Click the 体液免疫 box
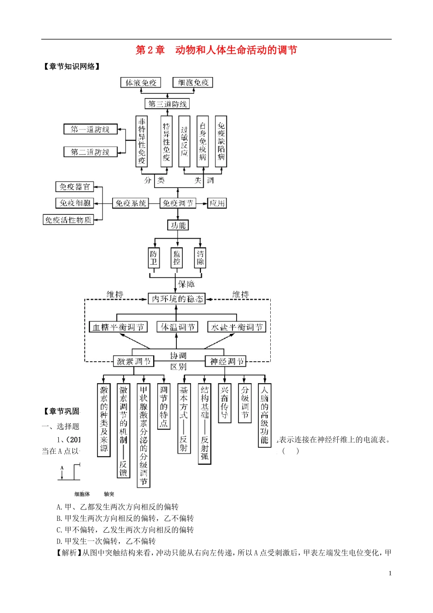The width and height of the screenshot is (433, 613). tap(141, 83)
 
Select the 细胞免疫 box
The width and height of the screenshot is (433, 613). tap(193, 83)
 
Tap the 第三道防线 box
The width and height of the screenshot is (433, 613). tap(167, 104)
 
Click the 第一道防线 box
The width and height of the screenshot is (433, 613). tap(90, 130)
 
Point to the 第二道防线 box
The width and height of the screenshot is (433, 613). tap(90, 152)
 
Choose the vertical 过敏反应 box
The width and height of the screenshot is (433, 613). tap(184, 141)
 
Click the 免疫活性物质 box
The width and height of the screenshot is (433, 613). tap(68, 220)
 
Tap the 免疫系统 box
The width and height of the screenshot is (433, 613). tap(131, 203)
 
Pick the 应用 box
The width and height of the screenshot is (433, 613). tap(217, 203)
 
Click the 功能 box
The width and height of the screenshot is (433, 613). tap(178, 225)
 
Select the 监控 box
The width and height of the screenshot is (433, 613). tap(177, 258)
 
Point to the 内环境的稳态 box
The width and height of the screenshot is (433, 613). tap(177, 299)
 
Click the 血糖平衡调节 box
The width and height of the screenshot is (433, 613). tap(118, 327)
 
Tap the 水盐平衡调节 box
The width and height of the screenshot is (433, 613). tap(237, 327)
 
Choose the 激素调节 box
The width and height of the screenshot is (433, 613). tap(134, 361)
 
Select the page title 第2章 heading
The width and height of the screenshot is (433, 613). tap(216, 50)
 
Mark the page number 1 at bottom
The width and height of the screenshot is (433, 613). tap(390, 573)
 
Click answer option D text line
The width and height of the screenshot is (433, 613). tap(106, 541)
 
